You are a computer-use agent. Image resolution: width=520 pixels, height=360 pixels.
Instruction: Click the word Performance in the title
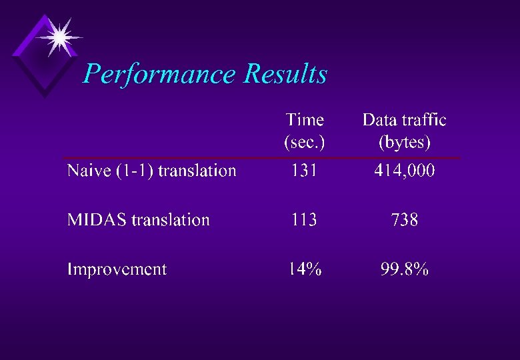[160, 74]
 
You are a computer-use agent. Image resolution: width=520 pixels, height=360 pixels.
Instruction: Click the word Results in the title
[285, 73]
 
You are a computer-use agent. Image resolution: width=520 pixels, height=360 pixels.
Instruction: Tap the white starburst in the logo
[59, 37]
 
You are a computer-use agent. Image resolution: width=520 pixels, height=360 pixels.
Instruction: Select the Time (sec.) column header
[305, 131]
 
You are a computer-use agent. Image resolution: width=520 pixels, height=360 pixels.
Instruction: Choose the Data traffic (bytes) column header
[404, 131]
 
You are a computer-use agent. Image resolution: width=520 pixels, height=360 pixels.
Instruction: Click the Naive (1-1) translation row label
[151, 171]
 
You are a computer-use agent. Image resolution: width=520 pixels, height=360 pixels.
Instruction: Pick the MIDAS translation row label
[138, 220]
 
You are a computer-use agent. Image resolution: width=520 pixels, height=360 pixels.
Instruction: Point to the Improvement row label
[117, 269]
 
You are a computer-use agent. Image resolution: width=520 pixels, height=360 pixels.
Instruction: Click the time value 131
[304, 171]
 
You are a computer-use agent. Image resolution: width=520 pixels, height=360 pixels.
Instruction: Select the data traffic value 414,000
[404, 171]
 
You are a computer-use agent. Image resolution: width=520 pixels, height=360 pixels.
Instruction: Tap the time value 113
[304, 220]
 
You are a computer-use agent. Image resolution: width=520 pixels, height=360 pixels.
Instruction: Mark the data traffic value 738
[404, 220]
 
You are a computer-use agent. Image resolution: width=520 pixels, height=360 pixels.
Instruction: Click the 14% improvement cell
[305, 269]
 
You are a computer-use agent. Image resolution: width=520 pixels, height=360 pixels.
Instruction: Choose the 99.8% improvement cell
[404, 269]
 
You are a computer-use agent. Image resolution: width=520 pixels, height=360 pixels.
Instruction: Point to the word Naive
[89, 171]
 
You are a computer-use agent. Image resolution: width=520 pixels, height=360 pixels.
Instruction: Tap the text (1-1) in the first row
[135, 171]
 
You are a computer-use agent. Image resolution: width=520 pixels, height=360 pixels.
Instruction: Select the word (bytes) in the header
[404, 142]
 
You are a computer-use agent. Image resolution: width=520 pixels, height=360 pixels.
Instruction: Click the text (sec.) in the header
[305, 142]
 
